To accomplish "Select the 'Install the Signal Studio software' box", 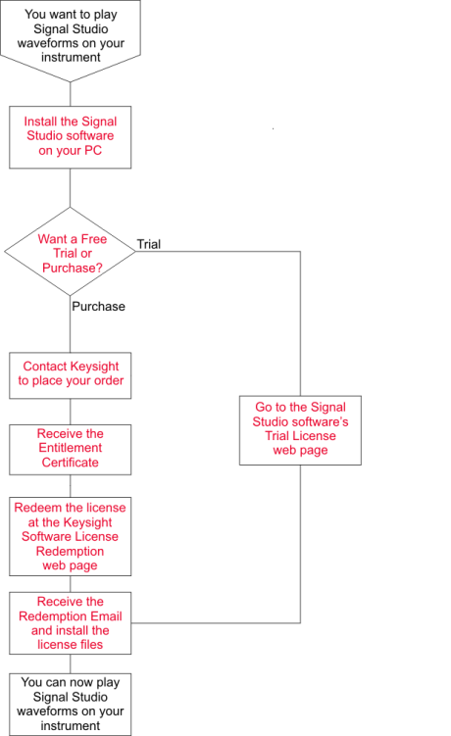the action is [x=71, y=137].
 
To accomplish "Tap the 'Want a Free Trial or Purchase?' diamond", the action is [x=70, y=252].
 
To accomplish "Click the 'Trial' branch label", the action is [x=149, y=244].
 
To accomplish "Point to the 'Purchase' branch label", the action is [x=99, y=307].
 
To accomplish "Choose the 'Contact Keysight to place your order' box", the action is [x=71, y=375].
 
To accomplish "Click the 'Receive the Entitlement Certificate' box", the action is [x=71, y=450].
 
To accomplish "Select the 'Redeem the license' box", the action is [x=71, y=536].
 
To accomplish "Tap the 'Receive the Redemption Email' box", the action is [x=71, y=623].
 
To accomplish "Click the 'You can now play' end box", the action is [x=71, y=705].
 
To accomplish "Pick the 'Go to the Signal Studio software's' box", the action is [x=300, y=430].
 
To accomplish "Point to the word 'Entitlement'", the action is [x=71, y=448].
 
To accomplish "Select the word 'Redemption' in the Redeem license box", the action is [x=70, y=551].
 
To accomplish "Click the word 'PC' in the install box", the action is [x=92, y=151].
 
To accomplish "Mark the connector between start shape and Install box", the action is [x=71, y=94].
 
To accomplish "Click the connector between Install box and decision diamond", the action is [x=71, y=188].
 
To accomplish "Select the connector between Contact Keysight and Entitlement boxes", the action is [x=71, y=412].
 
